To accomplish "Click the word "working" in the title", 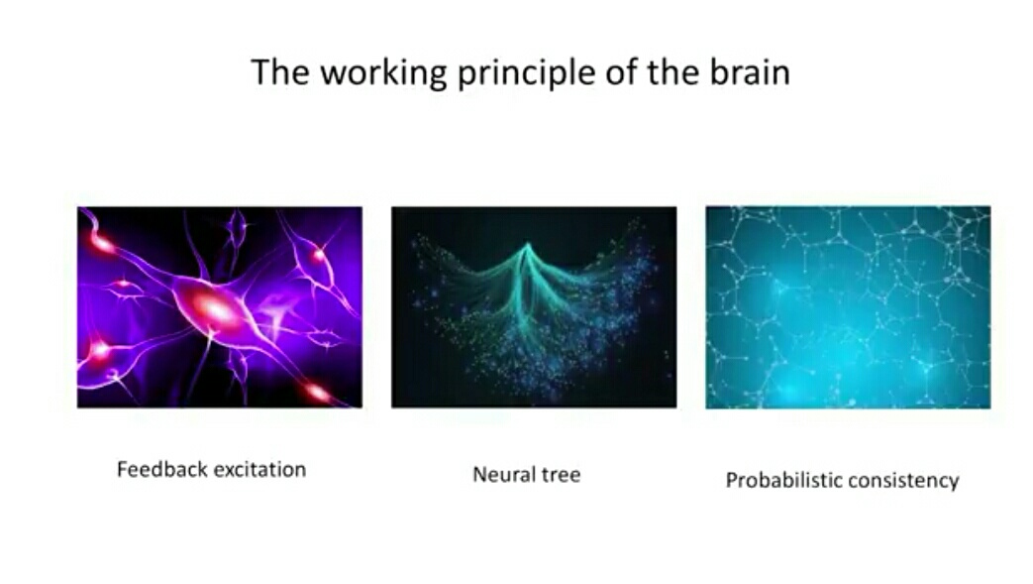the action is (383, 73).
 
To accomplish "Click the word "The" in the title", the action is (280, 71).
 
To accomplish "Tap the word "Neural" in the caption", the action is (497, 475).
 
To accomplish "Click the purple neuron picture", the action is (220, 306).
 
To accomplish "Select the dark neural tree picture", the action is (534, 306).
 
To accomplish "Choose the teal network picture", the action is (848, 306).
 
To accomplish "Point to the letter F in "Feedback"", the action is (122, 469).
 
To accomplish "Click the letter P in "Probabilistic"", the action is (731, 480).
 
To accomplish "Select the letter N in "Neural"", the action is (479, 475).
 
